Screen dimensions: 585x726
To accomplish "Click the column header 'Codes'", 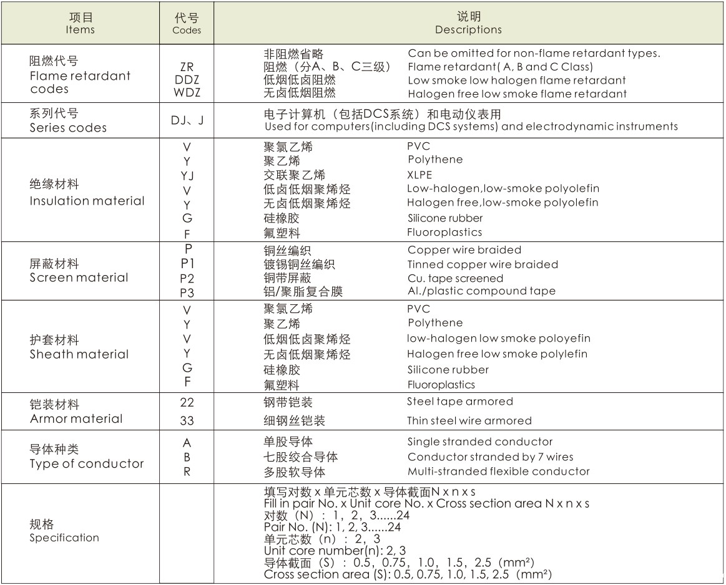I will click(187, 29).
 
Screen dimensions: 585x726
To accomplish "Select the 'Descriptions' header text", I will click(468, 29).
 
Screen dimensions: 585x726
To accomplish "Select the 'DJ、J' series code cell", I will click(187, 120).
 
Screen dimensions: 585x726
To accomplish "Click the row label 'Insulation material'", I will click(87, 201).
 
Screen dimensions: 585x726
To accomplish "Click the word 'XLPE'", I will click(419, 175).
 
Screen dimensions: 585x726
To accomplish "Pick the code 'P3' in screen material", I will click(187, 292).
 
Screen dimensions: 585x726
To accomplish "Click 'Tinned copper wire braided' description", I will click(483, 264).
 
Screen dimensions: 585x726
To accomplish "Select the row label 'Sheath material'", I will click(79, 354).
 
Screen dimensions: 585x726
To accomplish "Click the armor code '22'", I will click(187, 402).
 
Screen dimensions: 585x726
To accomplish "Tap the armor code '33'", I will click(187, 421).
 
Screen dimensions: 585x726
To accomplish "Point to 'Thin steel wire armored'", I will click(469, 421).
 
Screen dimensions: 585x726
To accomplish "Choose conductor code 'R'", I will click(187, 471).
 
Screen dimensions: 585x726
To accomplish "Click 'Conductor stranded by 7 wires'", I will click(490, 457).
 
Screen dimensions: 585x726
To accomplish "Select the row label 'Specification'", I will click(64, 538).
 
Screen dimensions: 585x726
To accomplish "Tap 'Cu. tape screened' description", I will click(455, 278).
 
